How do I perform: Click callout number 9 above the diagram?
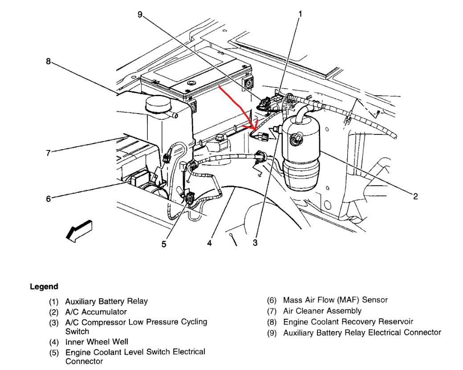point(140,15)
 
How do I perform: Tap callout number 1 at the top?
point(300,14)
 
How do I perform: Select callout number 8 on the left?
point(48,61)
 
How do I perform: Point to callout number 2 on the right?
point(415,196)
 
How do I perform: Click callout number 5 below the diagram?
point(164,244)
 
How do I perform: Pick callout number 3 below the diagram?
point(255,243)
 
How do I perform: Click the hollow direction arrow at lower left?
point(78,230)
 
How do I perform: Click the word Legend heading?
point(44,287)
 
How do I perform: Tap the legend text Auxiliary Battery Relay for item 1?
point(106,301)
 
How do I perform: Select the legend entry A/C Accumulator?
point(96,312)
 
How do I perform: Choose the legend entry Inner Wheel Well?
point(97,342)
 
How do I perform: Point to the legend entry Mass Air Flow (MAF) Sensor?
point(335,300)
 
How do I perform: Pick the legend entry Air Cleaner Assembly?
point(322,311)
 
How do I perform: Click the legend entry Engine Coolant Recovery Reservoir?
point(348,321)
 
